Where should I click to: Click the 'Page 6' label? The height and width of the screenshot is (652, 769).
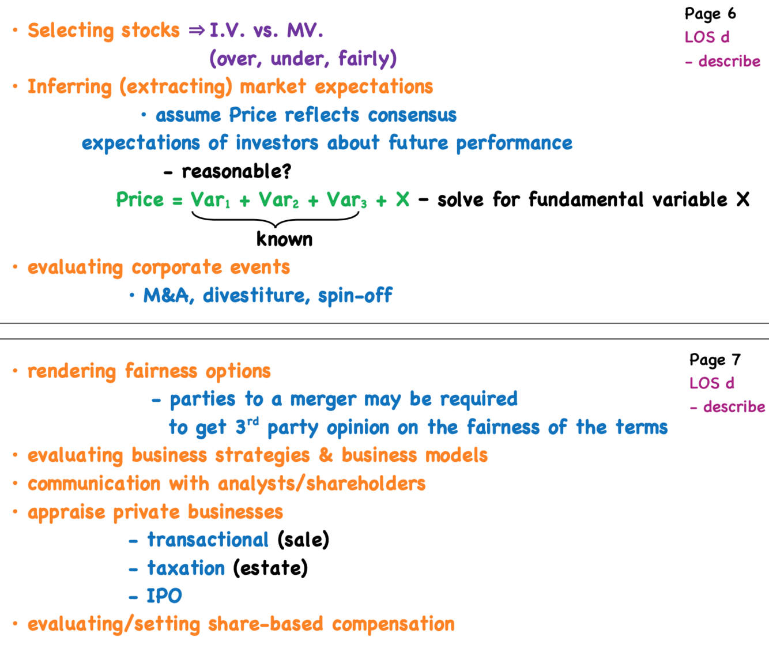(710, 14)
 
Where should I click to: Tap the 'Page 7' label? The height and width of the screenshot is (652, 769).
(714, 360)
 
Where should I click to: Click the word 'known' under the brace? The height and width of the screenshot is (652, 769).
(284, 239)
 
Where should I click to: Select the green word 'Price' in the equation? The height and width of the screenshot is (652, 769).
(140, 200)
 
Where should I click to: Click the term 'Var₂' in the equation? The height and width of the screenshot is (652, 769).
(278, 200)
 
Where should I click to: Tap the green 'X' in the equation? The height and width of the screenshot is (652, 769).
(402, 200)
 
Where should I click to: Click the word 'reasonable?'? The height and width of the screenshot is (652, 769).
(236, 171)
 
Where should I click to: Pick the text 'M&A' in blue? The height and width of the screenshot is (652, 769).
(166, 296)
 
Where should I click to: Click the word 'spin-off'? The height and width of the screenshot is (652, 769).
(355, 296)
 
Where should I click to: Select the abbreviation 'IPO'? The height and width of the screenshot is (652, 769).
(164, 596)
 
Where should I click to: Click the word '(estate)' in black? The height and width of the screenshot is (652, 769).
(270, 568)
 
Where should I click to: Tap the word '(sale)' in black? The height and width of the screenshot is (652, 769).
(303, 540)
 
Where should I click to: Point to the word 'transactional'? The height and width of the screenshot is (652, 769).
(208, 540)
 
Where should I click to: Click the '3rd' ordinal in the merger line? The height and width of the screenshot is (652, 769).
(247, 427)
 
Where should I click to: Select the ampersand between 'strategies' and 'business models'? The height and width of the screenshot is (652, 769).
(326, 455)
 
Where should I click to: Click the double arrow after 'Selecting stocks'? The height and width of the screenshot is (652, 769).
(197, 31)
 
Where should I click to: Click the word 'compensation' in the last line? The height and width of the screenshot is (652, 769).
(393, 624)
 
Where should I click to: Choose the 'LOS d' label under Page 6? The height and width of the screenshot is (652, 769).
(707, 37)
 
